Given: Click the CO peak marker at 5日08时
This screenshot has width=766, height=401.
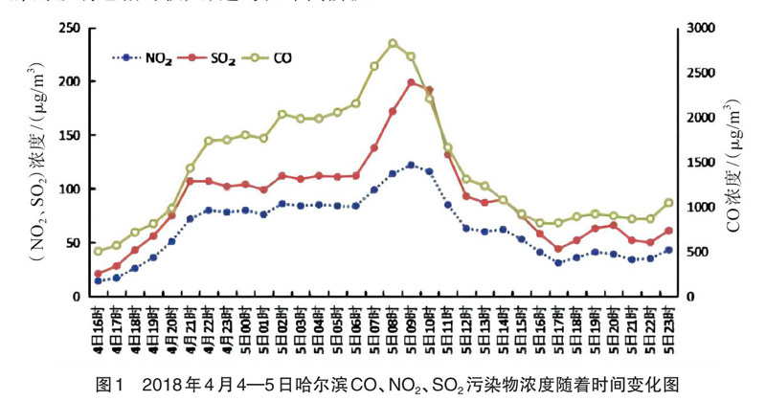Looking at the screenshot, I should (393, 43).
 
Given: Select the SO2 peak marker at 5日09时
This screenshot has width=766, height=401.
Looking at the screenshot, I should (411, 82).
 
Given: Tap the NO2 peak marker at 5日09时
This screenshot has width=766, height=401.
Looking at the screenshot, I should (411, 165).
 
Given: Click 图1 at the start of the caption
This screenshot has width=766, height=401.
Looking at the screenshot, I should (112, 385).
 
